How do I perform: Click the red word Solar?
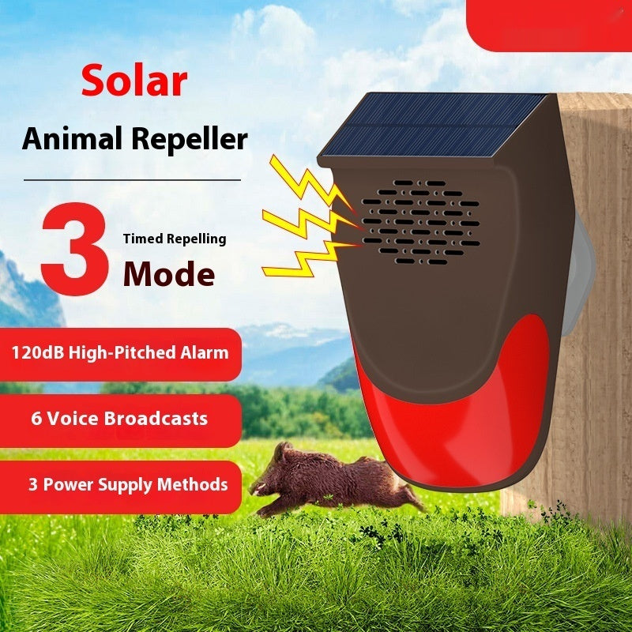(134, 81)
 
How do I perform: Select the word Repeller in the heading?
(189, 139)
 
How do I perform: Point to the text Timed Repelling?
(174, 239)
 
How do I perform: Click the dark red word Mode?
(169, 274)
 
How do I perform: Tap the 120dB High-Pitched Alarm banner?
(120, 353)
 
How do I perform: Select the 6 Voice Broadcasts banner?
(120, 419)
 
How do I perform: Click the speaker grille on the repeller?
(420, 221)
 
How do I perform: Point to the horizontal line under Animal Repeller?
(132, 180)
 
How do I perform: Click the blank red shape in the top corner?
(548, 24)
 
